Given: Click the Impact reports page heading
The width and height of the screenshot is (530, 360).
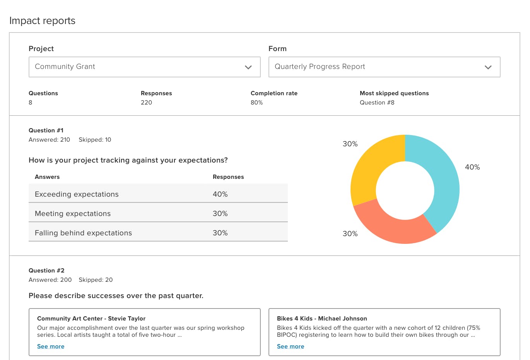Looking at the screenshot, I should tap(42, 21).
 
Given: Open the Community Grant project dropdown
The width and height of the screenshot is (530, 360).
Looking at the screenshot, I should tap(144, 67).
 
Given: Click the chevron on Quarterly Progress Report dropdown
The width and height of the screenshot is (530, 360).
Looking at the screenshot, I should tap(488, 67).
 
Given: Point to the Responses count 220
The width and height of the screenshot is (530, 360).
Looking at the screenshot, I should tap(146, 103).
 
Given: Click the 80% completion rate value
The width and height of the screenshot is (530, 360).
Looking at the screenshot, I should tap(256, 103).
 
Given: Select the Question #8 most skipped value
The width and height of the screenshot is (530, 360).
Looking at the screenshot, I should tap(377, 103).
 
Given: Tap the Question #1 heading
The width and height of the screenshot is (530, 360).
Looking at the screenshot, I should tap(46, 130).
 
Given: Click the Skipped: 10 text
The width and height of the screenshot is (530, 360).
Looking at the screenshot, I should tap(95, 140).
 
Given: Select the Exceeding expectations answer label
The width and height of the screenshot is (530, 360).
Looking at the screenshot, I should tap(77, 194).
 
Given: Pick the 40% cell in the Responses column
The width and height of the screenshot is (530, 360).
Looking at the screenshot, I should tap(220, 194).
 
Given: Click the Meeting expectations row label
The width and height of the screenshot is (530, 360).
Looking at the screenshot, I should tap(73, 214).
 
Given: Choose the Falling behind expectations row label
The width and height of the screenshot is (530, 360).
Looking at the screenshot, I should tap(83, 233).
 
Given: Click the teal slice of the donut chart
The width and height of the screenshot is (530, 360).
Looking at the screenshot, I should tap(443, 182).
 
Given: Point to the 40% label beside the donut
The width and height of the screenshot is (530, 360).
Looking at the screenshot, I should tap(472, 167).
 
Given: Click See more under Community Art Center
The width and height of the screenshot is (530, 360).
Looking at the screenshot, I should tap(51, 346).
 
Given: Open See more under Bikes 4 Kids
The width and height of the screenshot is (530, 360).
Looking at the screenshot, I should tap(291, 346).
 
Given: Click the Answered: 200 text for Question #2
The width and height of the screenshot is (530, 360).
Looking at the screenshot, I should tap(50, 280).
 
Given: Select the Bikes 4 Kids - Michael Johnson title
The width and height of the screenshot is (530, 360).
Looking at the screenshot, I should tap(322, 319).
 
